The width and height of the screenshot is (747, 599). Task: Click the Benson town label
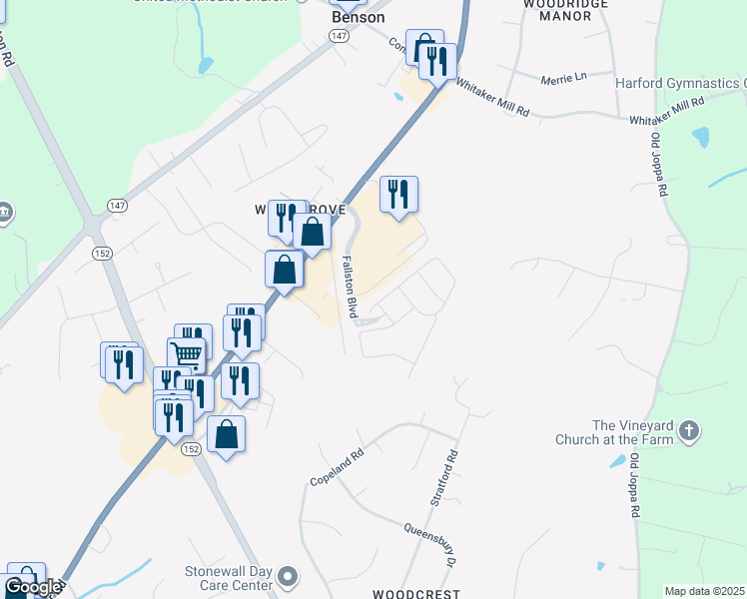point(358,17)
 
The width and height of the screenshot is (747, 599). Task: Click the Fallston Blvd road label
point(352,285)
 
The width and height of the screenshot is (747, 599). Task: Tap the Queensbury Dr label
point(430,541)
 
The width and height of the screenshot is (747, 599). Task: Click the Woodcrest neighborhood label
point(415,593)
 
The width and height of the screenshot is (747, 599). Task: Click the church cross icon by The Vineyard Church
point(687,431)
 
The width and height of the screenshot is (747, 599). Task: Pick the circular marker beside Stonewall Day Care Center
point(288,577)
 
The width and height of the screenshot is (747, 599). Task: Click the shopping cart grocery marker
point(186,354)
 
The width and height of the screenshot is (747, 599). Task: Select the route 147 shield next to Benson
point(340,35)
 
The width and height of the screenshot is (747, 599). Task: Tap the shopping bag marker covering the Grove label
point(313,233)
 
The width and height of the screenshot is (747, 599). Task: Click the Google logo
point(33,588)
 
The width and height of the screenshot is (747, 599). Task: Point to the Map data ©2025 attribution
point(705,591)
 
